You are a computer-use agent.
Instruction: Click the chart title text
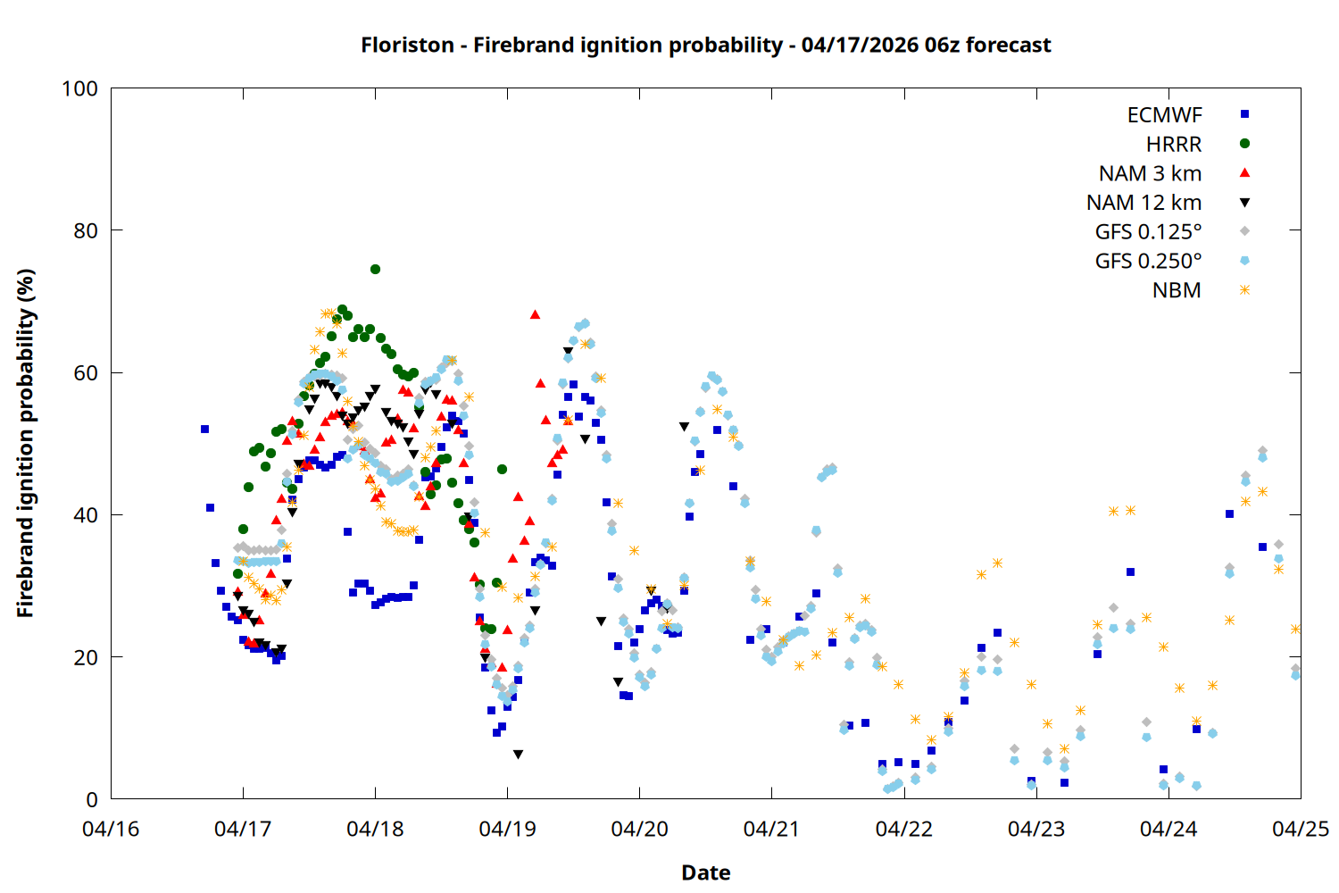(x=705, y=45)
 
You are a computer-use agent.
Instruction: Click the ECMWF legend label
(x=1164, y=115)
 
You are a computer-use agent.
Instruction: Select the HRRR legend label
(x=1174, y=145)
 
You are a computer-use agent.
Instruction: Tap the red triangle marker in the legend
(x=1244, y=173)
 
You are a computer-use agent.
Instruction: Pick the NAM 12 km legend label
(x=1144, y=203)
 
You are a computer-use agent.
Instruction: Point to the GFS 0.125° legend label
(x=1148, y=232)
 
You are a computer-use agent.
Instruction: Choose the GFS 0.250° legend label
(x=1148, y=262)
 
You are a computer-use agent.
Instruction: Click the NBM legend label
(x=1177, y=291)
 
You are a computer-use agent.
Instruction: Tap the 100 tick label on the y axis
(x=79, y=88)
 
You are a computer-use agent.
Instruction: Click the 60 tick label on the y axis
(x=86, y=373)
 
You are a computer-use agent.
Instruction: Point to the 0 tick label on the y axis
(x=92, y=800)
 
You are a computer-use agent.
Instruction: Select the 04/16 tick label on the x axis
(x=111, y=829)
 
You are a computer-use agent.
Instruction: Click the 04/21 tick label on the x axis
(x=771, y=829)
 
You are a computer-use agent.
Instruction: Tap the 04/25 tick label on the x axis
(x=1300, y=829)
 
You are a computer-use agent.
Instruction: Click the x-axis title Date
(x=705, y=872)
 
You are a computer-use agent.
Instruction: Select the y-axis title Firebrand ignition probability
(x=25, y=443)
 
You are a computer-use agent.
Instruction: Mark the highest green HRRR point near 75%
(x=375, y=269)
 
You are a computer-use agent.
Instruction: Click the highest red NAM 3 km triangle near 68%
(x=535, y=314)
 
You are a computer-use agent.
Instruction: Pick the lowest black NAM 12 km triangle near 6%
(x=518, y=755)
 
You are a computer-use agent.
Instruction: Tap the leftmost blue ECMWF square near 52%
(x=204, y=430)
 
